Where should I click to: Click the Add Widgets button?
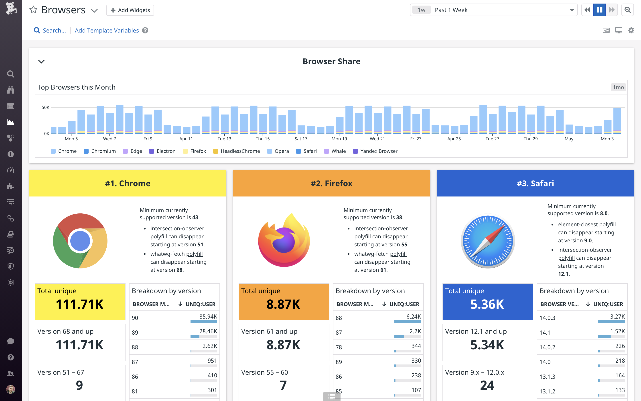coord(130,10)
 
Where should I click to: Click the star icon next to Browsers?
coord(33,10)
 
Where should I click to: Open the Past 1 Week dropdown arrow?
coord(572,10)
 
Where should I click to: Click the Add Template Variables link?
coord(107,31)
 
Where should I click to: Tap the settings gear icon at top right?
coord(631,31)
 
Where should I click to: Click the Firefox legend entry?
coord(195,151)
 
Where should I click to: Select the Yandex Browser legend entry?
coord(376,151)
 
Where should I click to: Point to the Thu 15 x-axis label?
coord(262,139)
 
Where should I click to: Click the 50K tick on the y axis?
coord(46,107)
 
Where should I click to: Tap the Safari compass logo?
coord(488,241)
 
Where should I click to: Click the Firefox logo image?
coord(284,241)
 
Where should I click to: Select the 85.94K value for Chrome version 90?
coord(208,316)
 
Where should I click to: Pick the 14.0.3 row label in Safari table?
coord(547,318)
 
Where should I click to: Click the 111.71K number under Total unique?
coord(80,304)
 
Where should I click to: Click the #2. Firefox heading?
coord(331,184)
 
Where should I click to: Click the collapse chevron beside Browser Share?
coord(42,61)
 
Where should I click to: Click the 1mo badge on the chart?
coord(618,87)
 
